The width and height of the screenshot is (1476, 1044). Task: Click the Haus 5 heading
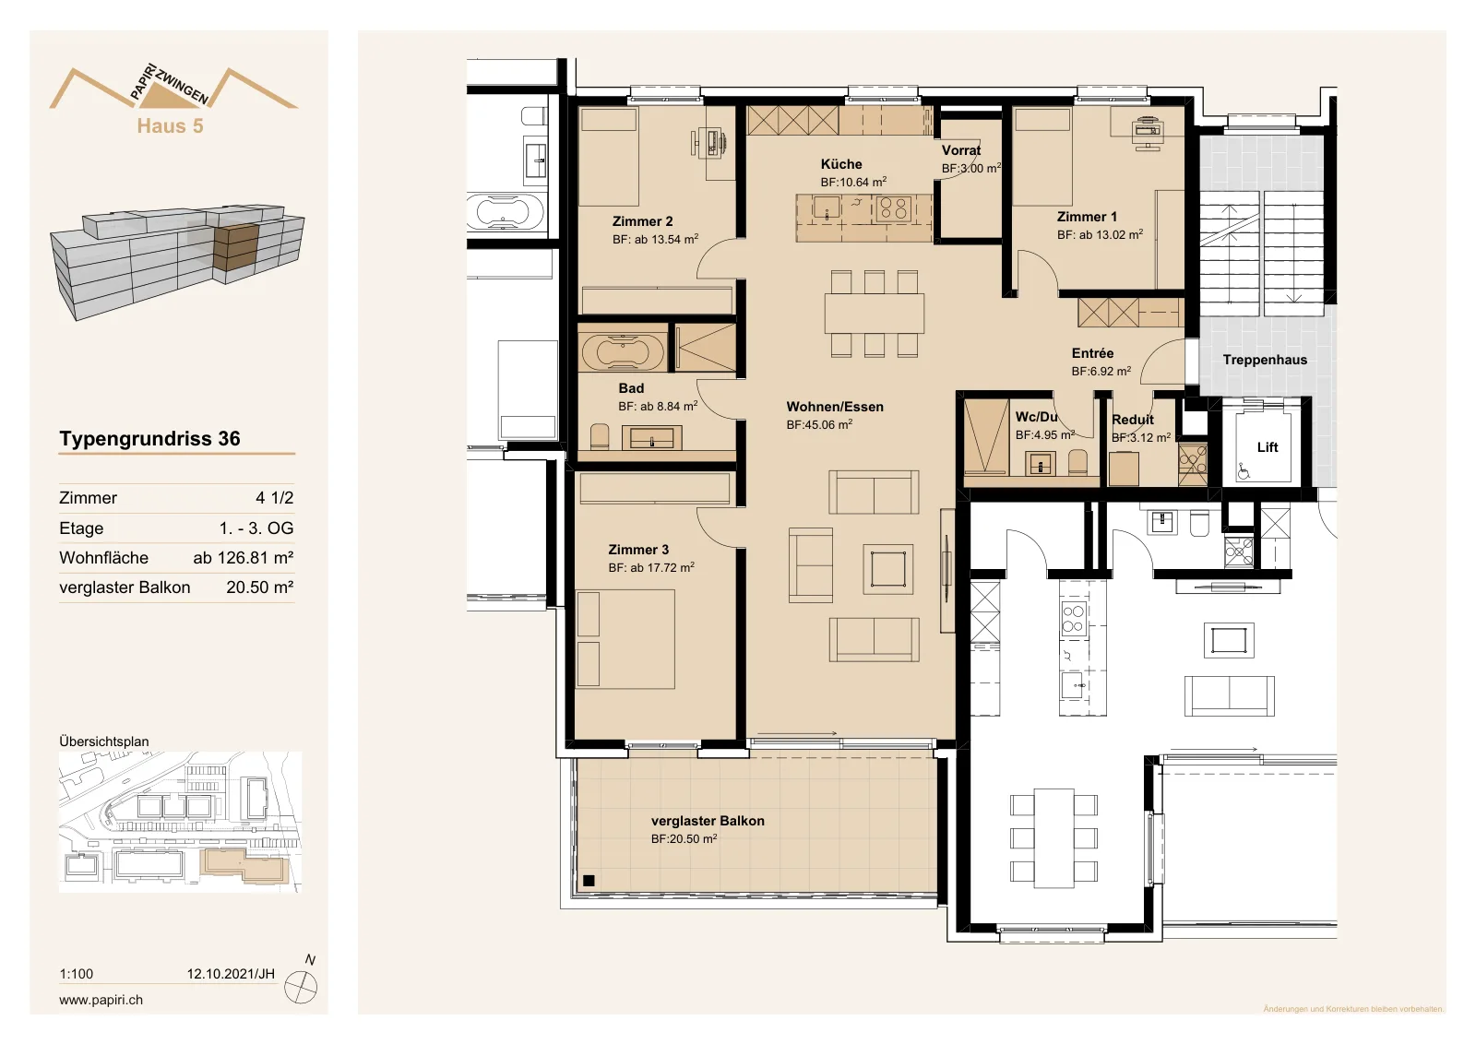pos(170,125)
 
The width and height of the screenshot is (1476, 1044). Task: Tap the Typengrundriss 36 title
pos(149,439)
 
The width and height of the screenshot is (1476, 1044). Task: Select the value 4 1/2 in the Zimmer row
pos(275,498)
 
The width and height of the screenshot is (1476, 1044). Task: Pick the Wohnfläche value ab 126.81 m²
pos(244,558)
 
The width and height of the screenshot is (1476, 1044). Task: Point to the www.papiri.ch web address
pos(101,1000)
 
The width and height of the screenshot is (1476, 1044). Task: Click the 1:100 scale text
pos(77,974)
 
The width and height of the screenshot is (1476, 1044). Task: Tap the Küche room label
pos(841,164)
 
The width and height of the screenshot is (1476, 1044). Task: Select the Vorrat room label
pos(961,150)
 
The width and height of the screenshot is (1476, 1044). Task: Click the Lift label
pos(1268,447)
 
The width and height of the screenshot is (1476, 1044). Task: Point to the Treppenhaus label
pos(1265,360)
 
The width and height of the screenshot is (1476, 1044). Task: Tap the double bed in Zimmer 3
pos(625,639)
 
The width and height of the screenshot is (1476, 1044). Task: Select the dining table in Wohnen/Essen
pos(875,314)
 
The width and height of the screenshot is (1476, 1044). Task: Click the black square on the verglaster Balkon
pos(589,880)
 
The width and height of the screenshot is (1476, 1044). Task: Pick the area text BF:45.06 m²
pos(820,425)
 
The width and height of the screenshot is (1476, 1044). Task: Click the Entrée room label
pos(1092,353)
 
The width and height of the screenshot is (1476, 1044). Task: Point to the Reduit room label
pos(1133,420)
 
